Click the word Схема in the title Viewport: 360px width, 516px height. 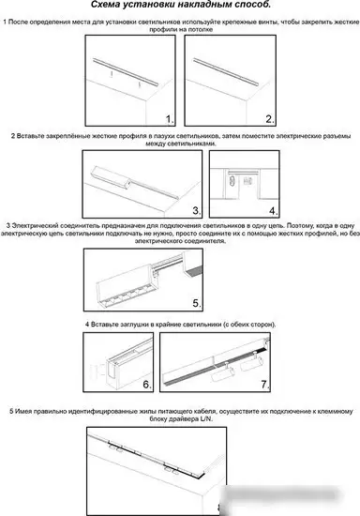point(105,5)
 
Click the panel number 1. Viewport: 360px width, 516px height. point(170,119)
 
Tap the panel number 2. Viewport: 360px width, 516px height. point(270,119)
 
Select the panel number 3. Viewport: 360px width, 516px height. point(197,210)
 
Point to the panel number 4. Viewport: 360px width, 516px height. point(274,210)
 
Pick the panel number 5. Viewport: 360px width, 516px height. point(197,303)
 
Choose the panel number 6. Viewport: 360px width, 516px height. point(147,384)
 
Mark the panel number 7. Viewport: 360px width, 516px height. point(265,384)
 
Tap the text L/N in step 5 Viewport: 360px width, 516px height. point(206,419)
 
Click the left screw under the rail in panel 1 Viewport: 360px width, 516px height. point(112,74)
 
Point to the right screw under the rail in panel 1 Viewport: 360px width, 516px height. point(139,84)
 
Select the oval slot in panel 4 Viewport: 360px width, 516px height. point(232,181)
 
